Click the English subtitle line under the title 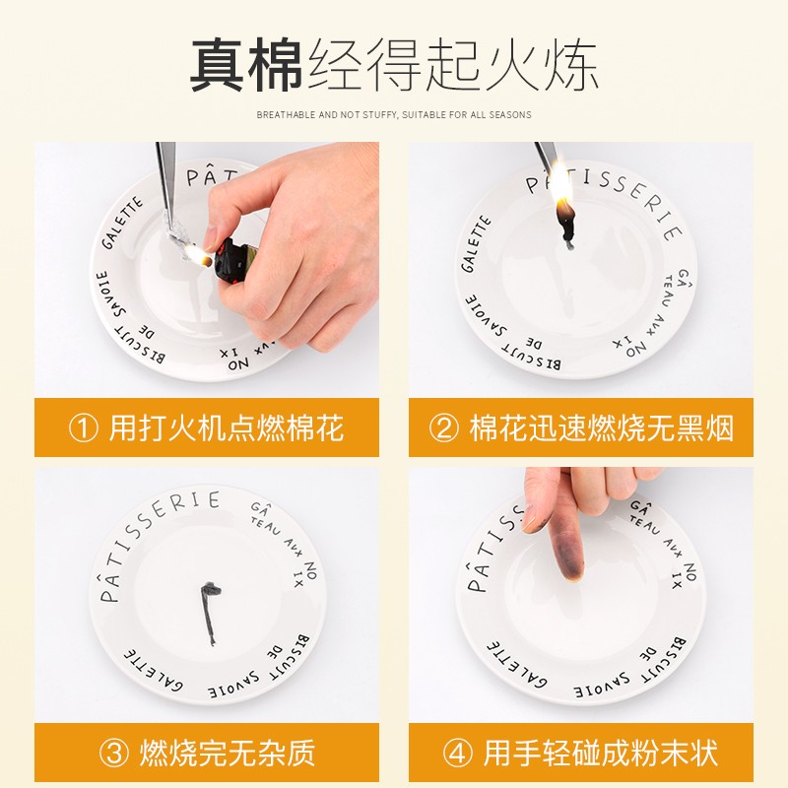(x=394, y=115)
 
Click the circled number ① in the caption (x=83, y=428)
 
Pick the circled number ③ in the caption (x=115, y=754)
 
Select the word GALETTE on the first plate (x=122, y=226)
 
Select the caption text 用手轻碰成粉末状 (x=600, y=754)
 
